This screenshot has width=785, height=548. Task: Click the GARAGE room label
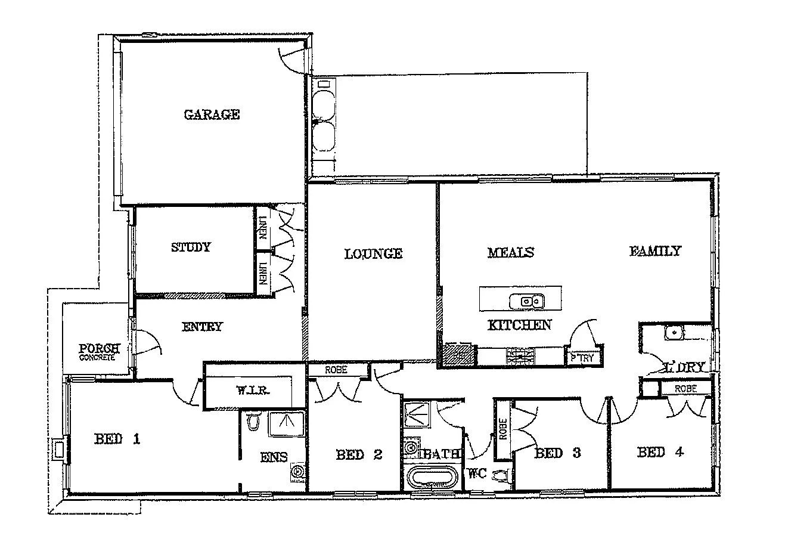[212, 114]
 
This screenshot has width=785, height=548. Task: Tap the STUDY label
[191, 247]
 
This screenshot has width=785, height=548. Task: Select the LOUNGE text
[374, 253]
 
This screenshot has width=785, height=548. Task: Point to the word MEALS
[510, 252]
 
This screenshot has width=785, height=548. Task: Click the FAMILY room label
[655, 251]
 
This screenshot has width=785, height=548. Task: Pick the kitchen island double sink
[526, 301]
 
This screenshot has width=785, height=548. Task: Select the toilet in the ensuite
[254, 421]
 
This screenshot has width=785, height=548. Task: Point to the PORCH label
[100, 349]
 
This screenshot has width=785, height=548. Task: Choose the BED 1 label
[117, 440]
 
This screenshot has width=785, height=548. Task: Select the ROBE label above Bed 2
[337, 370]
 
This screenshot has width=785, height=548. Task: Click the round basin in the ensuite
[297, 473]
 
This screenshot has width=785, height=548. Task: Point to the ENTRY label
[202, 326]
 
